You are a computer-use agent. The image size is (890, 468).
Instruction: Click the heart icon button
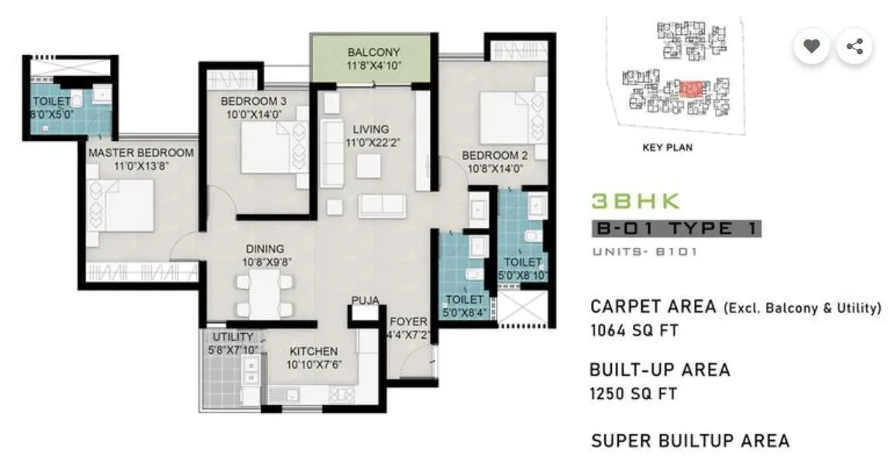point(811,46)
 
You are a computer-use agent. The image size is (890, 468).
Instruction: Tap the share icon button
point(854,46)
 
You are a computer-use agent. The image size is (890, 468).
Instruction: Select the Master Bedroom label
point(140,153)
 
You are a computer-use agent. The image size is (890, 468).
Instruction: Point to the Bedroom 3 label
point(253,102)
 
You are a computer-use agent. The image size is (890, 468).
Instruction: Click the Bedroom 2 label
point(496,155)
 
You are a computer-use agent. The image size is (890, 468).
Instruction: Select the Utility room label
point(232,336)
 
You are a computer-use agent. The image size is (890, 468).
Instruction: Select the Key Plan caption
point(667,147)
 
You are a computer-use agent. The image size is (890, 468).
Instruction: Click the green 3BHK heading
point(635,201)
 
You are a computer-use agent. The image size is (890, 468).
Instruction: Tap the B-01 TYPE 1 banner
point(675,229)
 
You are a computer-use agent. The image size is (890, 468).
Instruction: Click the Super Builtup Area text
point(689,441)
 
